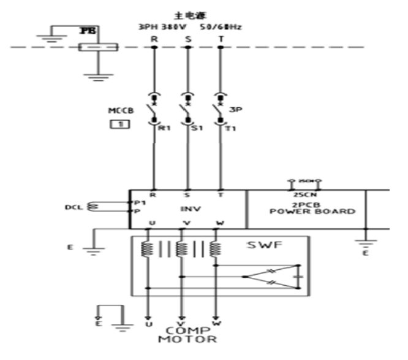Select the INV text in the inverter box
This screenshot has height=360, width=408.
[x=187, y=209]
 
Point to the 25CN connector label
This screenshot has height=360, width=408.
[x=301, y=194]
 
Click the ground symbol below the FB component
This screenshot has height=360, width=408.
[x=94, y=77]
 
